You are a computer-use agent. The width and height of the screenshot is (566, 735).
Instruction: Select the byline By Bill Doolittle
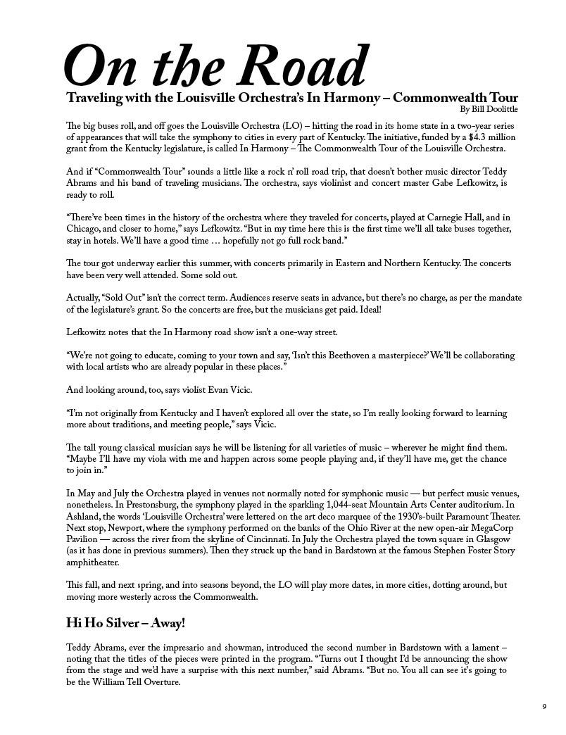pos(489,109)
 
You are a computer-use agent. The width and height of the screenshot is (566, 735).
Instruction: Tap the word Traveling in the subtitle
pos(94,97)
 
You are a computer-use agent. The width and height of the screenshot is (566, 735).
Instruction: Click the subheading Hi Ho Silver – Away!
pos(125,623)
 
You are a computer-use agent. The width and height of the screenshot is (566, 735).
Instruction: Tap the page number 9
pos(543,707)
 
